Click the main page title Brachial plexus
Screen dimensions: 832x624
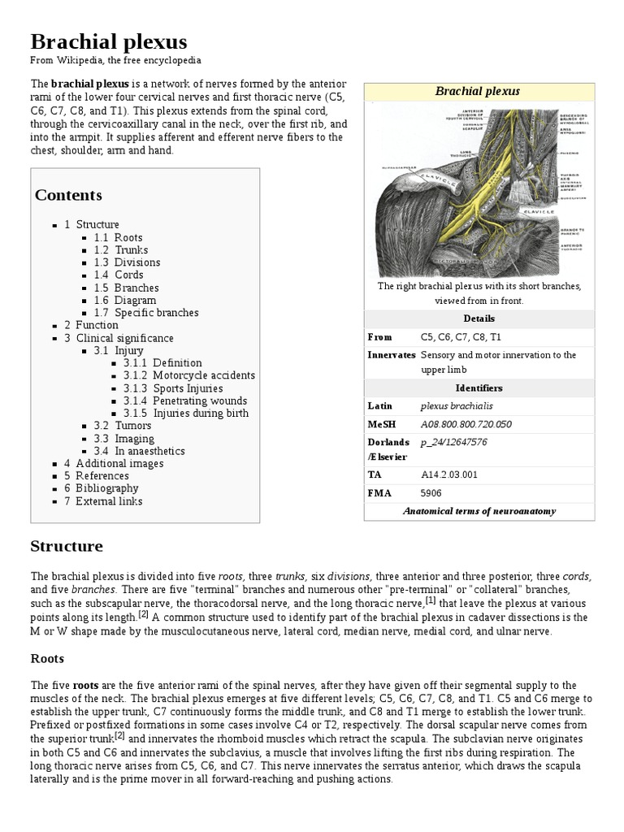[109, 41]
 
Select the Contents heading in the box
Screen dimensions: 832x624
[68, 195]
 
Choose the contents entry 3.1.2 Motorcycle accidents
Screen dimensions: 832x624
[188, 375]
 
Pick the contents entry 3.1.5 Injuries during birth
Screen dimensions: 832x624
[186, 413]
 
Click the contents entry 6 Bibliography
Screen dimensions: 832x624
[102, 488]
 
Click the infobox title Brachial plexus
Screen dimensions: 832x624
[478, 92]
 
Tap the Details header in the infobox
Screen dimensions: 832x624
[479, 318]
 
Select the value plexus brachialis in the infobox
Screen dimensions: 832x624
[456, 405]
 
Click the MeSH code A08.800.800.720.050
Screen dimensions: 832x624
[466, 424]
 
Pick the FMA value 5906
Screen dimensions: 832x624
[431, 492]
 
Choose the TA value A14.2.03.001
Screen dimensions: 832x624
[449, 474]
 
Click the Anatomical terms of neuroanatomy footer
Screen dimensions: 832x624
[479, 511]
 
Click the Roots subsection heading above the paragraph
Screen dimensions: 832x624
[47, 658]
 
